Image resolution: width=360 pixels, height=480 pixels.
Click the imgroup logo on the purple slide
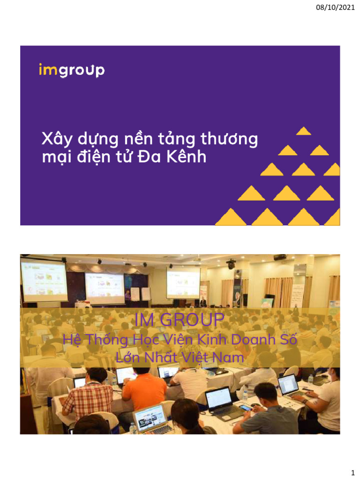[72, 70]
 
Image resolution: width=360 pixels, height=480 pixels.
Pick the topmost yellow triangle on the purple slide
[304, 131]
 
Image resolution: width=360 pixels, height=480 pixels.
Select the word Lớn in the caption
[127, 358]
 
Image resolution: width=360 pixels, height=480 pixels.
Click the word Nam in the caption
[230, 358]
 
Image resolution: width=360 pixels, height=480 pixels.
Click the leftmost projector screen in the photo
[44, 281]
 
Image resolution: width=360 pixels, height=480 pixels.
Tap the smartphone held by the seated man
[245, 407]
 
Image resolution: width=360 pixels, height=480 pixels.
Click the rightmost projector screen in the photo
[183, 282]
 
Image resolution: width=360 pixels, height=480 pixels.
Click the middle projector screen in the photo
[105, 288]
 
